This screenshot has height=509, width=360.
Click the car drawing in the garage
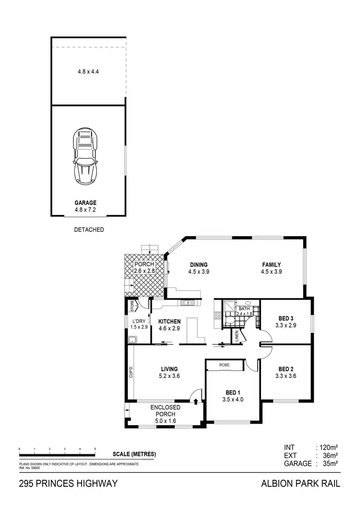click(85, 156)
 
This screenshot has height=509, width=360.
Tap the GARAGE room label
click(85, 202)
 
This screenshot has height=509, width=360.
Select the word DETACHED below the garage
click(89, 230)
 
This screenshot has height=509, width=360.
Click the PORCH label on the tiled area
click(144, 264)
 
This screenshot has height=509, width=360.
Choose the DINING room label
click(198, 265)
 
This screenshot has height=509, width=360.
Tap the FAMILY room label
click(271, 265)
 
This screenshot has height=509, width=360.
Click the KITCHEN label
click(169, 321)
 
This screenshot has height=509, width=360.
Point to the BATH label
click(244, 308)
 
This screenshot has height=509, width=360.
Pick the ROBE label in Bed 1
click(225, 365)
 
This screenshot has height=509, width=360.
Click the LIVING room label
click(169, 369)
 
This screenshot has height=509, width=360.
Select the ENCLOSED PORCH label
click(165, 407)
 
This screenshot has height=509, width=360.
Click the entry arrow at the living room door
click(195, 401)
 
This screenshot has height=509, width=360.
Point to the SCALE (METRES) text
click(134, 454)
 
